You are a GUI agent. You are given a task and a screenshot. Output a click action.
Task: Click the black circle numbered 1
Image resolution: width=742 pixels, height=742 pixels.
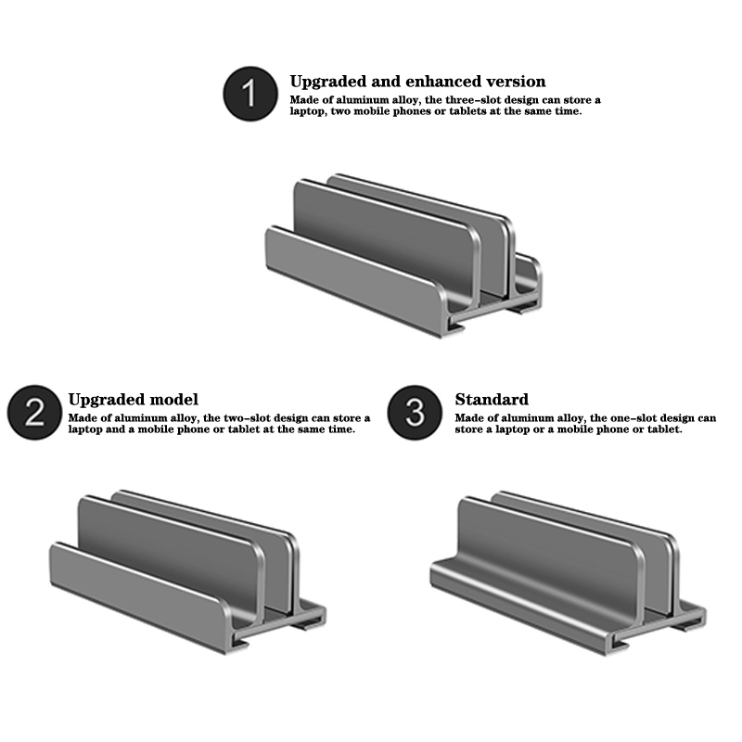(250, 94)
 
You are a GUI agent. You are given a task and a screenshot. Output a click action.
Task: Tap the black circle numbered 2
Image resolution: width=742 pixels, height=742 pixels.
(34, 412)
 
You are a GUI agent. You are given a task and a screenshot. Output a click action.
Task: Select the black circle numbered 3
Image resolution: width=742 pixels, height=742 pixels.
(415, 412)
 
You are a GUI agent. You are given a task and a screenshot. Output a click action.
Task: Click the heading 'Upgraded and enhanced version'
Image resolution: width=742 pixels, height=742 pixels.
(418, 82)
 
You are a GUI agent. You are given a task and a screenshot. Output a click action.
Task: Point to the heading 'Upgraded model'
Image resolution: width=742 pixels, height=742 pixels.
(133, 400)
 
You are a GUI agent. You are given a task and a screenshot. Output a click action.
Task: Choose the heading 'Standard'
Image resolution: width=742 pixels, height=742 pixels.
(492, 400)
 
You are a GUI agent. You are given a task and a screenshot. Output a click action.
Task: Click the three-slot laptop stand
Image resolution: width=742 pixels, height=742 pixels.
(403, 256)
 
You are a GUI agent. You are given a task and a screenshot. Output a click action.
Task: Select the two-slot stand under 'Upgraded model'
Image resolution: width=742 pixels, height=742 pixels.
(187, 572)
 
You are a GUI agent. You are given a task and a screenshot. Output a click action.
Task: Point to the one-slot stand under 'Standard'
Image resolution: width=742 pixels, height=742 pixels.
(568, 573)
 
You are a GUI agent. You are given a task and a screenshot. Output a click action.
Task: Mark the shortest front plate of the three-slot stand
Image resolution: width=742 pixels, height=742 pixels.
(356, 279)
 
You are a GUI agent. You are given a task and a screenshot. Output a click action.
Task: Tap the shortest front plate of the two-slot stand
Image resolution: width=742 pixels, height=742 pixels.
(141, 596)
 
